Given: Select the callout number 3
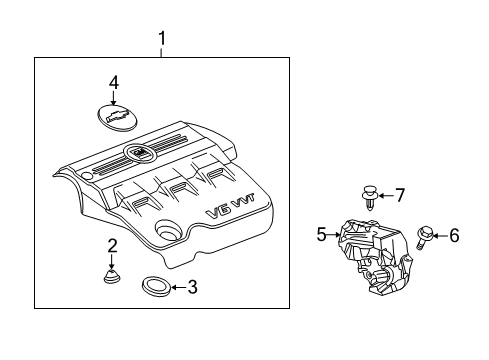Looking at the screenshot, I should tap(193, 288).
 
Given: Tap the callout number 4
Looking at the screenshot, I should tap(114, 83).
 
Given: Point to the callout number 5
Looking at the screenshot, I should tap(322, 235).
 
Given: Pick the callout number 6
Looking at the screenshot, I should tap(453, 235).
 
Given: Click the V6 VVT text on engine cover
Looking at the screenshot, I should tap(225, 212).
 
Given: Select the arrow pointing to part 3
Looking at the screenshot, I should tap(176, 288).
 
